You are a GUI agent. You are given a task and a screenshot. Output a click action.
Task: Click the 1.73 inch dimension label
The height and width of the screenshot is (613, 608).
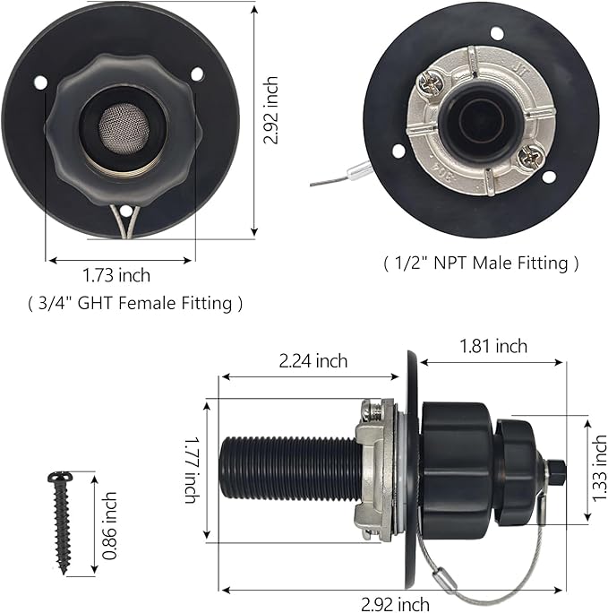click(x=116, y=275)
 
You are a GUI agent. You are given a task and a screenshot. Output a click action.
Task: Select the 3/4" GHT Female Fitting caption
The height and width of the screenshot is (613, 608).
click(x=133, y=303)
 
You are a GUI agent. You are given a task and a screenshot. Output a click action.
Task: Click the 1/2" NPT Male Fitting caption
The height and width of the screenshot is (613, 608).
click(x=481, y=263)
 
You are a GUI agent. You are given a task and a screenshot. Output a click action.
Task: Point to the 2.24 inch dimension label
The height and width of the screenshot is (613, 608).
click(x=313, y=361)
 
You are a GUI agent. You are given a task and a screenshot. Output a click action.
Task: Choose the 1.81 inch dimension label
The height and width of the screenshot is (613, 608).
click(x=492, y=345)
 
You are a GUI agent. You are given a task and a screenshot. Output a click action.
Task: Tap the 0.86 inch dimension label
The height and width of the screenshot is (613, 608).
click(x=109, y=524)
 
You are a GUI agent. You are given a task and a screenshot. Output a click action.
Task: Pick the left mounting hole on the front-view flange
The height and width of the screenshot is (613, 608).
click(x=40, y=82)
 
